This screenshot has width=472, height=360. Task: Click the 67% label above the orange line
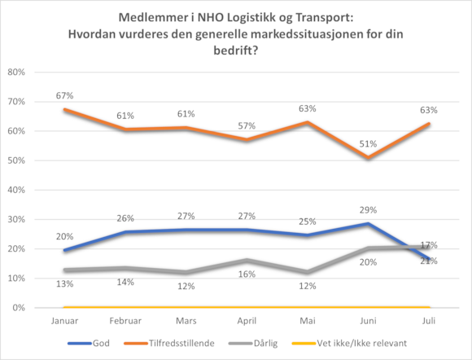coord(65,96)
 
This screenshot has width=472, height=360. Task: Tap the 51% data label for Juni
coord(368,144)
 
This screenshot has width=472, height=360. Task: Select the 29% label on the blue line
coord(368,210)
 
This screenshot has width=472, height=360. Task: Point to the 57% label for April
coord(247,126)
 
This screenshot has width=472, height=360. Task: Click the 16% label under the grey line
coord(247,274)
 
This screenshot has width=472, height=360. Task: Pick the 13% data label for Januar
coord(65,283)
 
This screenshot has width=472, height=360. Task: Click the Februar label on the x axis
coord(125,321)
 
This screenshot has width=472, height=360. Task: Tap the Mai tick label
coord(308,321)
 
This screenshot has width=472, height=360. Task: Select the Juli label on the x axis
coord(429,321)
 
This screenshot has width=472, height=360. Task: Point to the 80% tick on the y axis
coord(16,72)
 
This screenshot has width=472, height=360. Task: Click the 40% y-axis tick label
coord(16,190)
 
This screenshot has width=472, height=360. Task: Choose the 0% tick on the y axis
coord(19,308)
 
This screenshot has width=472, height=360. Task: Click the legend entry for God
coord(89,343)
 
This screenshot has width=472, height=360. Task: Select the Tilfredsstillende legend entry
coord(169,343)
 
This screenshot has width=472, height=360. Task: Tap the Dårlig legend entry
coord(253,343)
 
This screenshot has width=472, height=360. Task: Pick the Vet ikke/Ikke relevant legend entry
coord(349,343)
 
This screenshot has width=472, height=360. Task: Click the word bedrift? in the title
coord(236,50)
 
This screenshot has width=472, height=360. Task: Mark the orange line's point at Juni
coord(368,157)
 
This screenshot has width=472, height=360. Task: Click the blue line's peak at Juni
coord(368,224)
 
